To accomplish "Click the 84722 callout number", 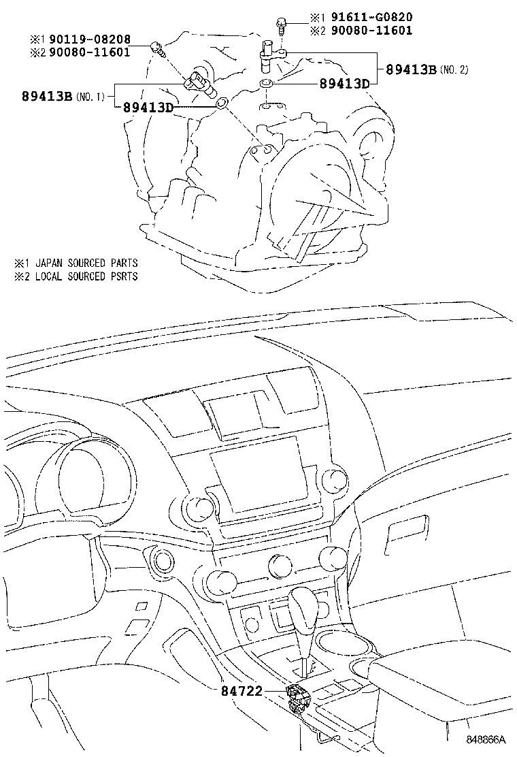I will pyautogui.click(x=241, y=690).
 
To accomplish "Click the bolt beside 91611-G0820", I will pyautogui.click(x=281, y=25).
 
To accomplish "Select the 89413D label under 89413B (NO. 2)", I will pyautogui.click(x=344, y=84).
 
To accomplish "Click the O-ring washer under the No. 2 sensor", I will pyautogui.click(x=267, y=84).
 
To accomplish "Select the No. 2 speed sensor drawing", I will pyautogui.click(x=269, y=54).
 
